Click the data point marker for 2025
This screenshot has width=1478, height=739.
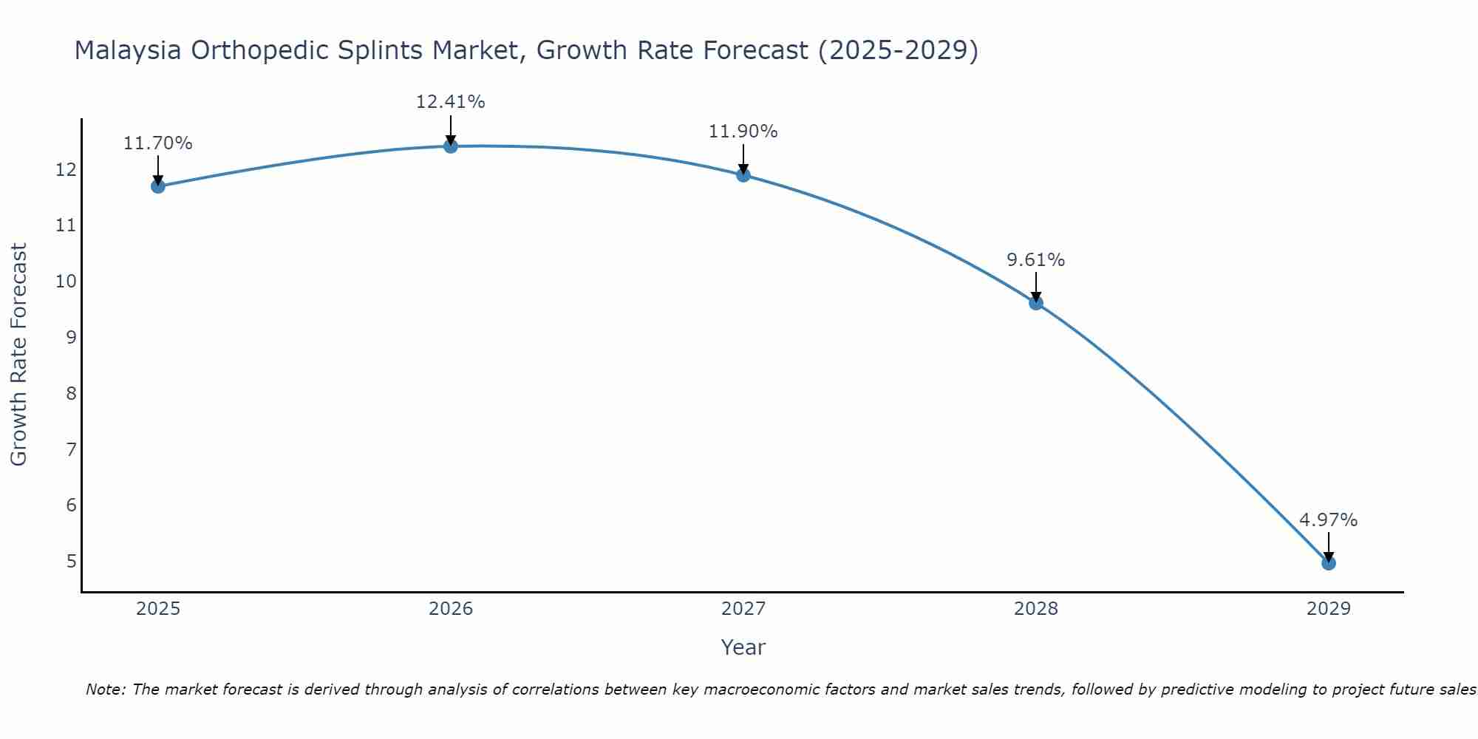[158, 186]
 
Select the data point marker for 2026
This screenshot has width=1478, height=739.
[451, 146]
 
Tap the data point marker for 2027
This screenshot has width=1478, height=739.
[743, 175]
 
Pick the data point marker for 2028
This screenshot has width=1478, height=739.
[1036, 303]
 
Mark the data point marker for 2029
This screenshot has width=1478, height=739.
[1329, 563]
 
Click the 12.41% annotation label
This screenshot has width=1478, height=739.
[451, 102]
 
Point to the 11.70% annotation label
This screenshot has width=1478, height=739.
[158, 143]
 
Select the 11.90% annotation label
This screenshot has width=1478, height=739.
[743, 132]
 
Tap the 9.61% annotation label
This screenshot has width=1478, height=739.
[1036, 260]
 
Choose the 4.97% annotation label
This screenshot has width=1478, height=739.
[1329, 520]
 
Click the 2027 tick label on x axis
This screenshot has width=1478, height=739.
[743, 609]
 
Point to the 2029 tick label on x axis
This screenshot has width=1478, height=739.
[1329, 609]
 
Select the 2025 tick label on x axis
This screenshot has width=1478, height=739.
[158, 609]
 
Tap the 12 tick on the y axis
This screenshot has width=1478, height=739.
[67, 170]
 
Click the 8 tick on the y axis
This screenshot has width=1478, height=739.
[71, 393]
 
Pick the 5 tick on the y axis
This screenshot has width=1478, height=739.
[71, 561]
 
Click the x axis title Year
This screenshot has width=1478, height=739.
[743, 647]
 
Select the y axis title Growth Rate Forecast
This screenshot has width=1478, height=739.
[19, 355]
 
